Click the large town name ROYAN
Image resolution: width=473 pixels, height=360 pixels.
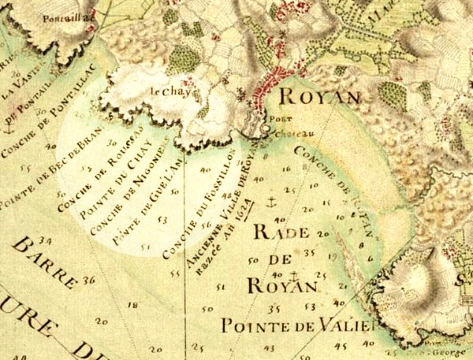[315, 98]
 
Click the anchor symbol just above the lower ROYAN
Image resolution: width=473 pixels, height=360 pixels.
[292, 275]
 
